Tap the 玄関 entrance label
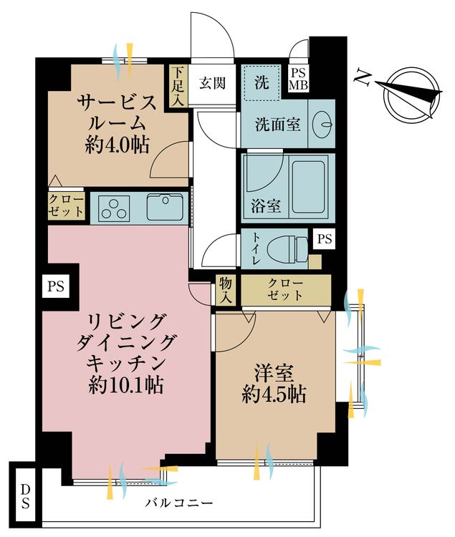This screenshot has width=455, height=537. coord(212,83)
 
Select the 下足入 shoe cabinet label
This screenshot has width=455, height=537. coord(177,85)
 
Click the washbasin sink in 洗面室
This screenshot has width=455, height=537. coord(322,124)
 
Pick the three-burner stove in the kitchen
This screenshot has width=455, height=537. coord(113,209)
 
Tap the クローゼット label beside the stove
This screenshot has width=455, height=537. coord(66,206)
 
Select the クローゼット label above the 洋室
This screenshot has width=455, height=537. coord(286,289)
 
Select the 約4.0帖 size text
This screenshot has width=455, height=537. coord(117,145)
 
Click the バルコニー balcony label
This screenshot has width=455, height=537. coord(176,503)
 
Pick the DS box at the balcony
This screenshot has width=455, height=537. coord(25,496)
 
